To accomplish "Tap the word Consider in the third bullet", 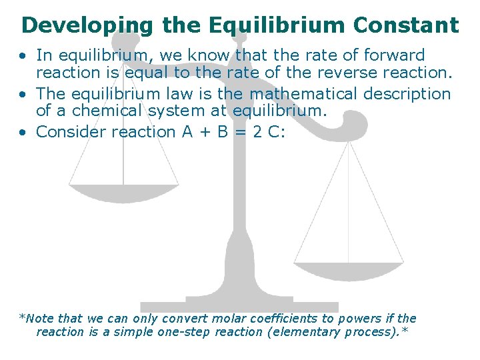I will [71, 131].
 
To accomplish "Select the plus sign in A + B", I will [205, 132].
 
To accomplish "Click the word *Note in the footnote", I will [39, 319].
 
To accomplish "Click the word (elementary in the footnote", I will [301, 332].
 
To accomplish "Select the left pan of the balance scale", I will [124, 192].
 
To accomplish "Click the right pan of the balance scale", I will [349, 271].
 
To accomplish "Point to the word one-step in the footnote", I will [182, 332].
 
